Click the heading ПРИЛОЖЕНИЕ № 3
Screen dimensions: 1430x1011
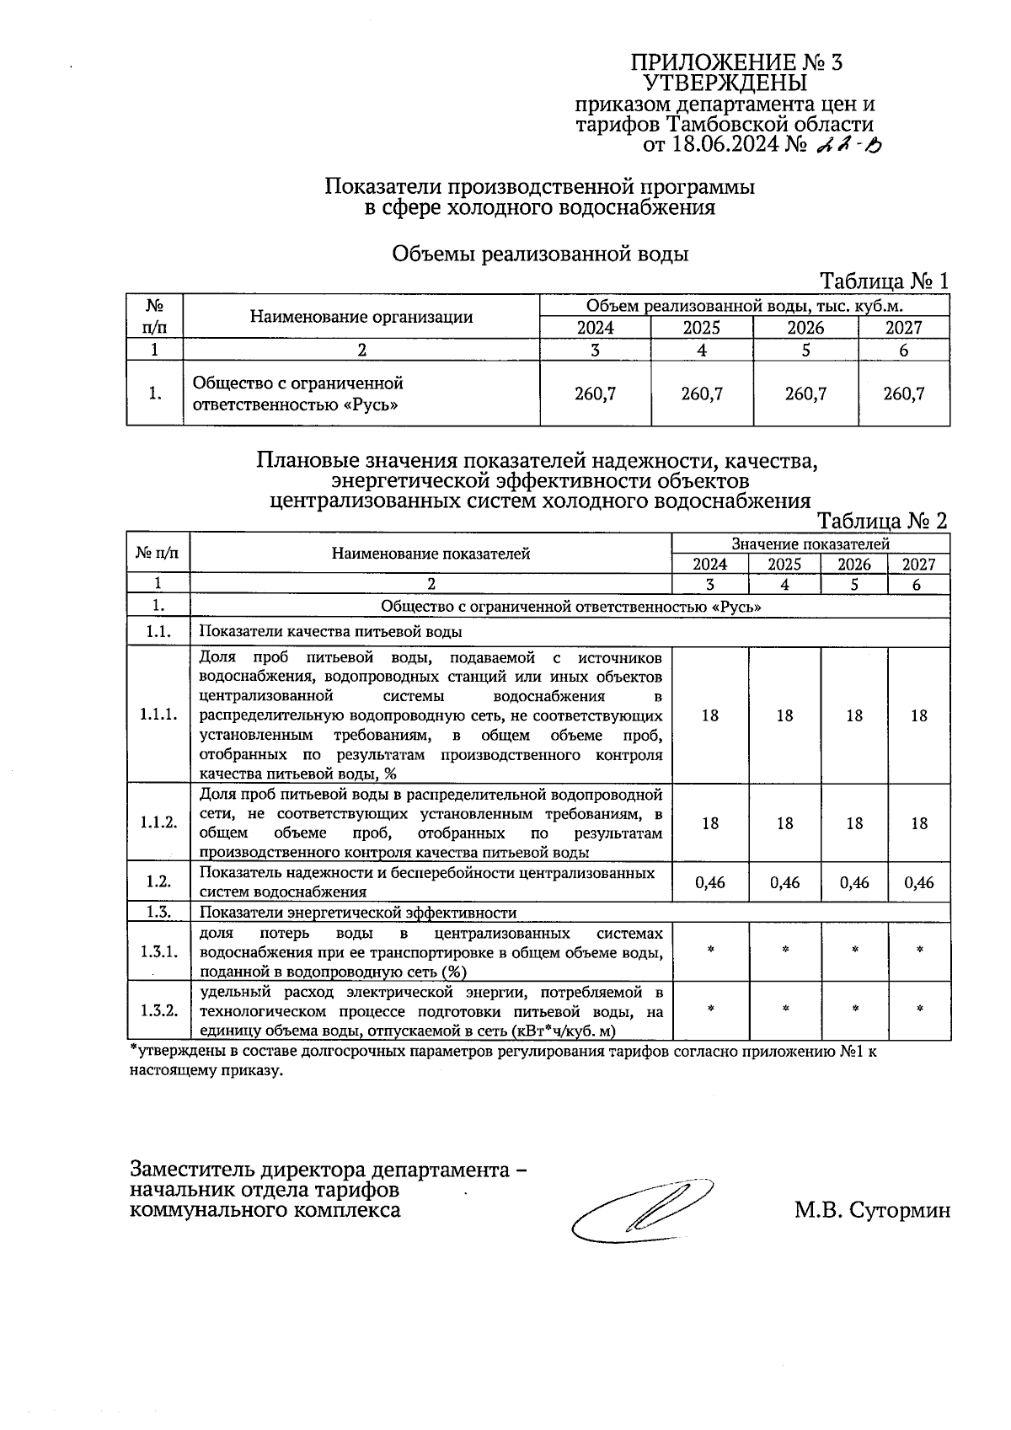[x=737, y=63]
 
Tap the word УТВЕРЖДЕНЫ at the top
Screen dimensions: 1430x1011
[x=725, y=83]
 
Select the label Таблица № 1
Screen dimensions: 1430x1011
[x=885, y=281]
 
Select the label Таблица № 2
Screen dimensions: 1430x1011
[x=883, y=521]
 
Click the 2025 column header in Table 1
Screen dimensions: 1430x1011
[x=701, y=328]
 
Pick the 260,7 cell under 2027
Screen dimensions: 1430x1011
[x=904, y=394]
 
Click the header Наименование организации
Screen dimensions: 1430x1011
[x=361, y=317]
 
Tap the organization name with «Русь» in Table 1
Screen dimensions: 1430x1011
[x=298, y=394]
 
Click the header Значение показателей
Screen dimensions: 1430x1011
[x=810, y=544]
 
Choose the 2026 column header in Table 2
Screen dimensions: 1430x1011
[x=854, y=565]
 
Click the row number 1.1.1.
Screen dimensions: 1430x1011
[x=158, y=715]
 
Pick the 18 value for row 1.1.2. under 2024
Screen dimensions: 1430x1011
[x=710, y=823]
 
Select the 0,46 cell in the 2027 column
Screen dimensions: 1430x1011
[x=919, y=882]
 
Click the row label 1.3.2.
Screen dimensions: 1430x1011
[x=158, y=1010]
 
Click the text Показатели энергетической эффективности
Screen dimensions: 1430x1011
[x=358, y=913]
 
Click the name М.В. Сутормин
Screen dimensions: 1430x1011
[x=871, y=1211]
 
